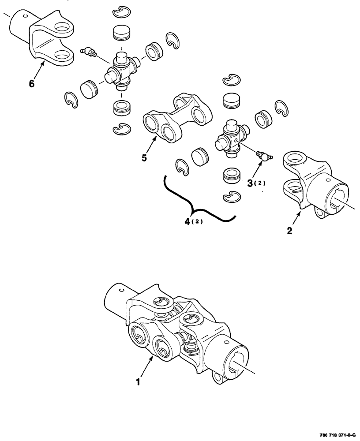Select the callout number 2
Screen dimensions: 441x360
click(x=289, y=231)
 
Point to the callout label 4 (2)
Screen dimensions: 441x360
click(x=192, y=222)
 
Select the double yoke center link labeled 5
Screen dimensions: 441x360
click(x=174, y=117)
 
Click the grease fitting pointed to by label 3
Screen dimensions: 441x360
click(x=263, y=155)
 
